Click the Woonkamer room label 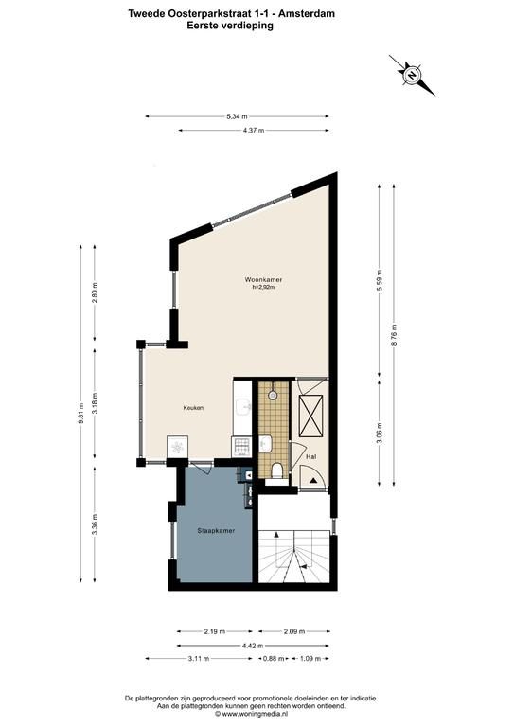[263, 279]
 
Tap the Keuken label [193, 408]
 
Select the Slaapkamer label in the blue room [216, 530]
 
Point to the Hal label [311, 456]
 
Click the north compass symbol [412, 75]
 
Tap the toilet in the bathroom [277, 470]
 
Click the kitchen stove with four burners [241, 446]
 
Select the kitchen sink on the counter [243, 407]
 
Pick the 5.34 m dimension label [237, 116]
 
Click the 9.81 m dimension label [80, 412]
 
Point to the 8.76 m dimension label [394, 335]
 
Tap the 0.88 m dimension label [274, 659]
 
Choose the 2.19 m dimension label [214, 631]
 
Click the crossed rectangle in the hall [311, 416]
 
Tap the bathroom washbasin [265, 444]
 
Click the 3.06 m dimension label [380, 433]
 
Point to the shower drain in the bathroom [273, 395]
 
